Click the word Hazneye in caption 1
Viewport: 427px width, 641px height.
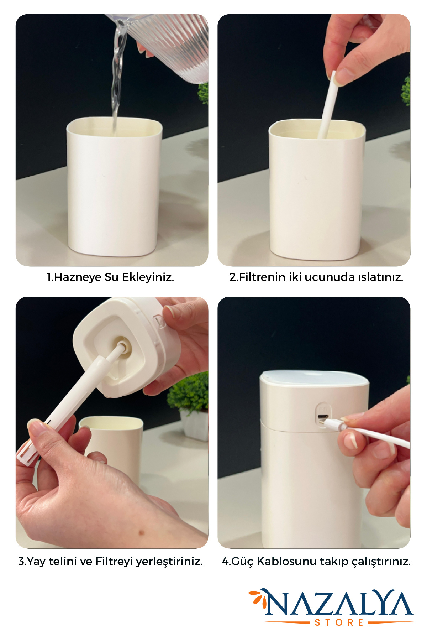pyautogui.click(x=78, y=277)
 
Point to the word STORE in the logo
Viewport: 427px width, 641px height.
pyautogui.click(x=339, y=622)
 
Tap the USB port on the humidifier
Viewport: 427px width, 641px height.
pyautogui.click(x=323, y=417)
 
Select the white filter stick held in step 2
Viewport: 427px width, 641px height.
pyautogui.click(x=327, y=105)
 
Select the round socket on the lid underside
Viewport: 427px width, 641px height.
pyautogui.click(x=121, y=347)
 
